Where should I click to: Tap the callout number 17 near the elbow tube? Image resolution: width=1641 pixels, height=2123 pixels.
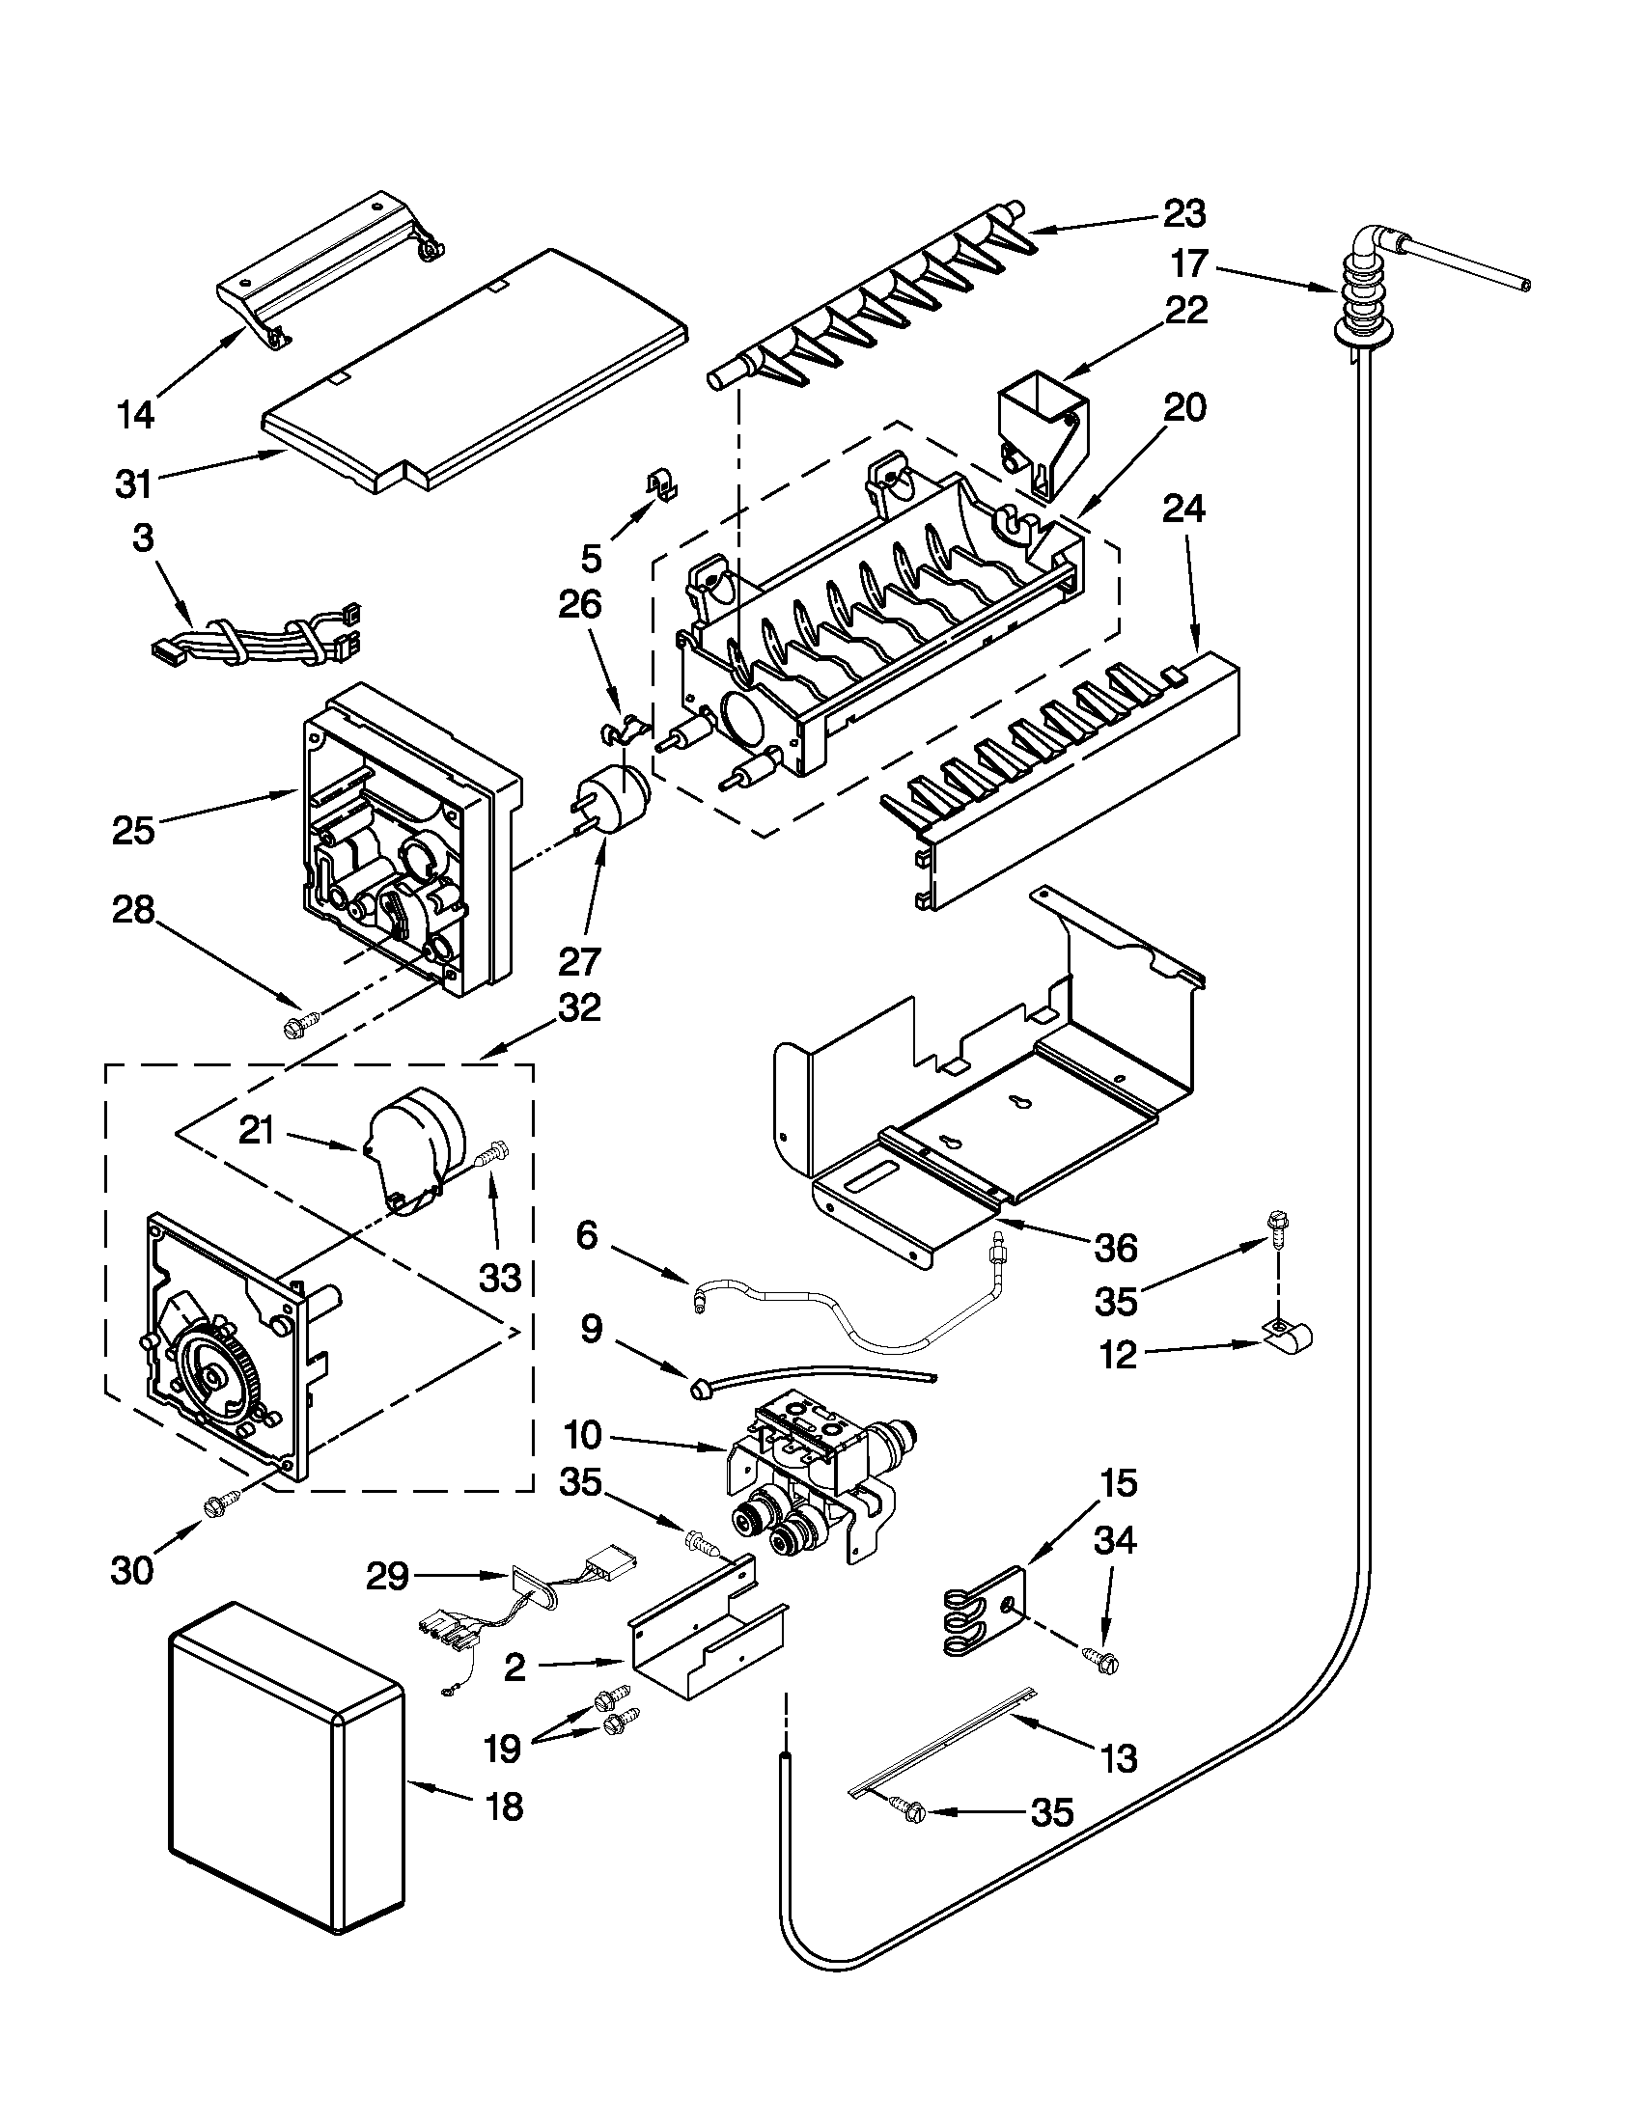tap(1189, 264)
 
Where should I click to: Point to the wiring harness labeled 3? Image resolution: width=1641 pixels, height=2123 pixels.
tap(253, 638)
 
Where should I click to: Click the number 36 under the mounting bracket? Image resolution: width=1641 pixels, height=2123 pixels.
tap(1115, 1248)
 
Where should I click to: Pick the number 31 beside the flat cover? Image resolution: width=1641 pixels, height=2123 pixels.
tap(133, 482)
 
